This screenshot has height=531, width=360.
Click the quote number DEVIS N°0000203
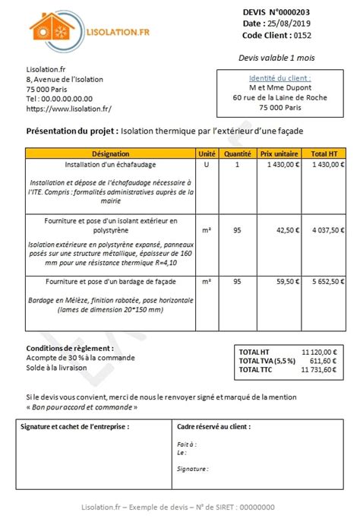(276, 12)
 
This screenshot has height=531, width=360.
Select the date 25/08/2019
(289, 24)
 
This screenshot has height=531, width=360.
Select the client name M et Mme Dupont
(279, 87)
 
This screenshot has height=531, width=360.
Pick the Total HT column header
(324, 153)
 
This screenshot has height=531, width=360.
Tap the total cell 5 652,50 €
(324, 281)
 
